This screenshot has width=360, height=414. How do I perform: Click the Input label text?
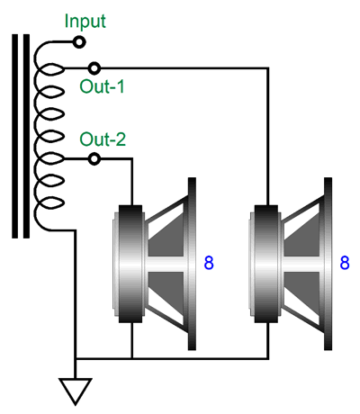85,22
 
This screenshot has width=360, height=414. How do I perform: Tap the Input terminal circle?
79,42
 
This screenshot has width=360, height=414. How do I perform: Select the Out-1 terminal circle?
94,68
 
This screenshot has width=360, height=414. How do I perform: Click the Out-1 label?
102,86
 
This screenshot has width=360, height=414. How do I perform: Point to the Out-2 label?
103,139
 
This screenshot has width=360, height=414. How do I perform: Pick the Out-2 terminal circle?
94,158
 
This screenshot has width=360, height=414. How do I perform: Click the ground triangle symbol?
76,391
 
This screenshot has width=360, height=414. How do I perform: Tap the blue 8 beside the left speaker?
209,263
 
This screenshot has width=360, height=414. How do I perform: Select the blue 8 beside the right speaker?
345,263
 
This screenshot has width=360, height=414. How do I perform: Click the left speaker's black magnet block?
130,264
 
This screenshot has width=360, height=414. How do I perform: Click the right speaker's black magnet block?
266,264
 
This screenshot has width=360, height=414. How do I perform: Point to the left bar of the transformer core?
15,136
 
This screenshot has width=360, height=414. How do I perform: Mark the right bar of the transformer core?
26,136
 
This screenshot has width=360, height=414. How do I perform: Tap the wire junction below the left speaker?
132,358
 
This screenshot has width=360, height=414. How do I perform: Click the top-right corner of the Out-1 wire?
268,68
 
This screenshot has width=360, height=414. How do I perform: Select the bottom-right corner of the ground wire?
268,358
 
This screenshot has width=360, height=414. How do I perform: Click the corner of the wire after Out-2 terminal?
132,158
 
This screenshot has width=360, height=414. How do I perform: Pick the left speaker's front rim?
192,264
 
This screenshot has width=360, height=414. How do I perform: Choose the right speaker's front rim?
328,264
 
